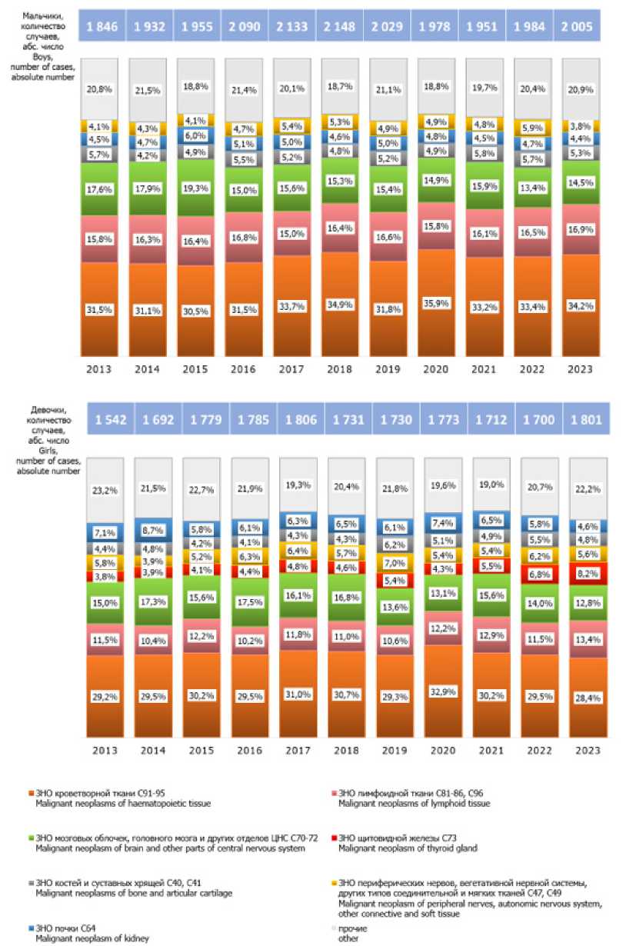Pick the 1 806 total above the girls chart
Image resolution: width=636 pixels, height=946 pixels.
coord(296,420)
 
